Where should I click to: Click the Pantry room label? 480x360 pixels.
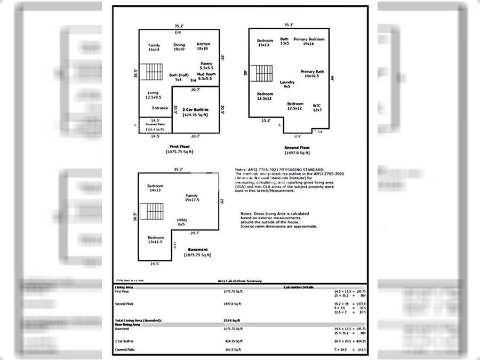click(x=206, y=64)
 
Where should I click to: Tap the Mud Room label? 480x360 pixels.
click(x=205, y=74)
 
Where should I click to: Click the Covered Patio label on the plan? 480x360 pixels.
click(x=155, y=124)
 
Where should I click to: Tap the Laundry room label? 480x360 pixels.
click(x=287, y=82)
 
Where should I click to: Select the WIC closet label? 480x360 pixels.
click(x=317, y=105)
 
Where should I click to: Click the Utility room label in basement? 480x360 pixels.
click(x=181, y=220)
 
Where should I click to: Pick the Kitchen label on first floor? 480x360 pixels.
click(x=203, y=44)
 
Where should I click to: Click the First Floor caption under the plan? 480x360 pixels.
click(x=179, y=146)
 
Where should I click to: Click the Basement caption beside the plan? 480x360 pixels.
click(x=198, y=250)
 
